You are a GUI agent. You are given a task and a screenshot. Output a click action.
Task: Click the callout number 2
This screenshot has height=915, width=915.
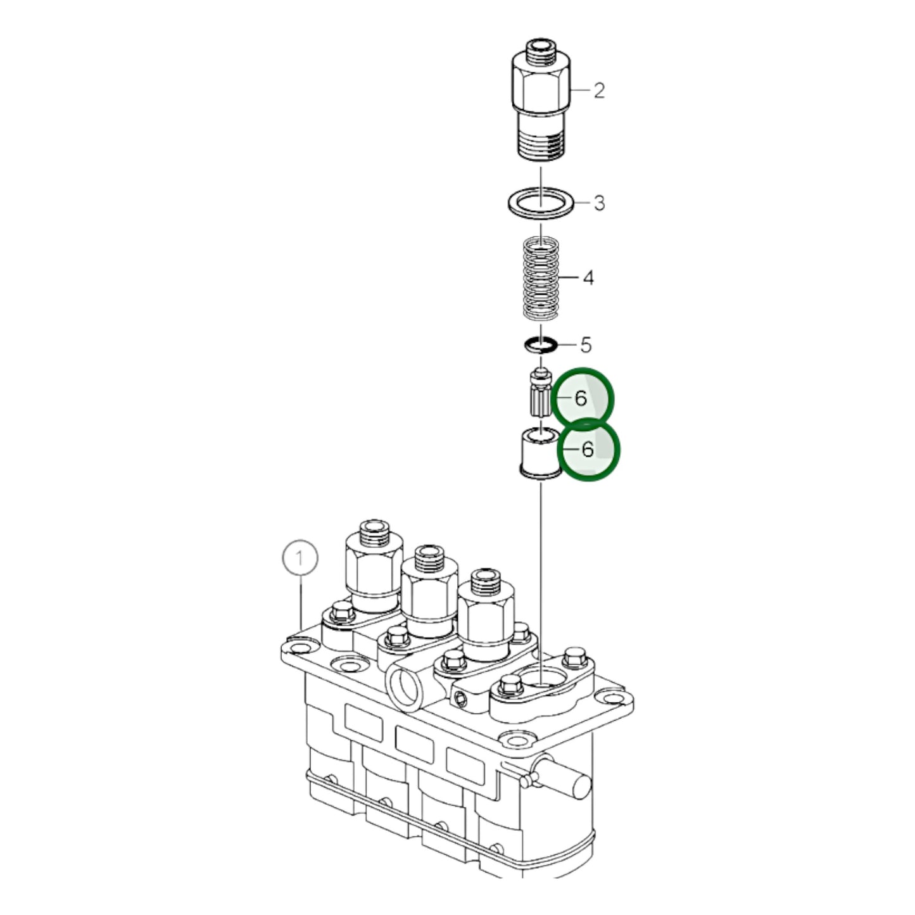point(598,91)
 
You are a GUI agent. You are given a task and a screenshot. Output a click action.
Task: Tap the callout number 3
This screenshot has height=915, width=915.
point(598,203)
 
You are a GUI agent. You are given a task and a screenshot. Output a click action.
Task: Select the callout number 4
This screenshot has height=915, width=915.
point(588,277)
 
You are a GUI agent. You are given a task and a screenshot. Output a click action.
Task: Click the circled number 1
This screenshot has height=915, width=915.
point(300,558)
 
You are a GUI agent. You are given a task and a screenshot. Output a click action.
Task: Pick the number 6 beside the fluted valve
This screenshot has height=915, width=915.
point(581,398)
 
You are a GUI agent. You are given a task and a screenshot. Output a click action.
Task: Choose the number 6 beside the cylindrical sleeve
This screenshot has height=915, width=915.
point(588,449)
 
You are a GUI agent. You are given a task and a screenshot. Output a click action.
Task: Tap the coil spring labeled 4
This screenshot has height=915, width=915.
point(541,277)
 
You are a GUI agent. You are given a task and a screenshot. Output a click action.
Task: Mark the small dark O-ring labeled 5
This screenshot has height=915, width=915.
point(541,345)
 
